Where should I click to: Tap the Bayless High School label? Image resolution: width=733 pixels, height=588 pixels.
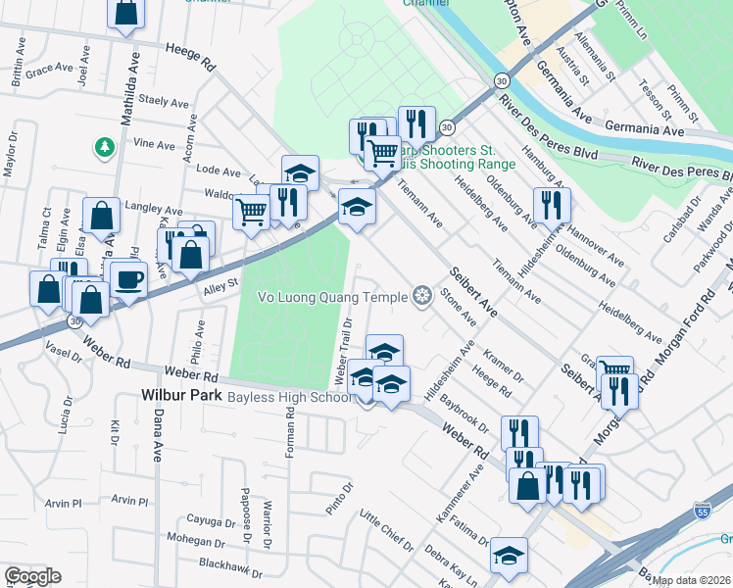(x=289, y=398)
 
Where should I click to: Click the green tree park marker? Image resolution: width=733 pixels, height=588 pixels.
(x=103, y=148)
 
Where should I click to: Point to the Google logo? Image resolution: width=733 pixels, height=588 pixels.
(x=32, y=576)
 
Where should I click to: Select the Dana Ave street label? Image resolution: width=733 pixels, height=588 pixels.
(x=157, y=435)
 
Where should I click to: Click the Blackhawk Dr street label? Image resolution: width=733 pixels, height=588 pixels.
(x=231, y=566)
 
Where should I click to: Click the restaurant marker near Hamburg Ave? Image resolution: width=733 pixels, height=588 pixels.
(x=551, y=205)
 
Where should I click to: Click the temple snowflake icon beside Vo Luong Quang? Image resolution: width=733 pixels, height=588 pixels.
(x=422, y=295)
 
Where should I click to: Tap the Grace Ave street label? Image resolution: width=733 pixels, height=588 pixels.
(x=49, y=72)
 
